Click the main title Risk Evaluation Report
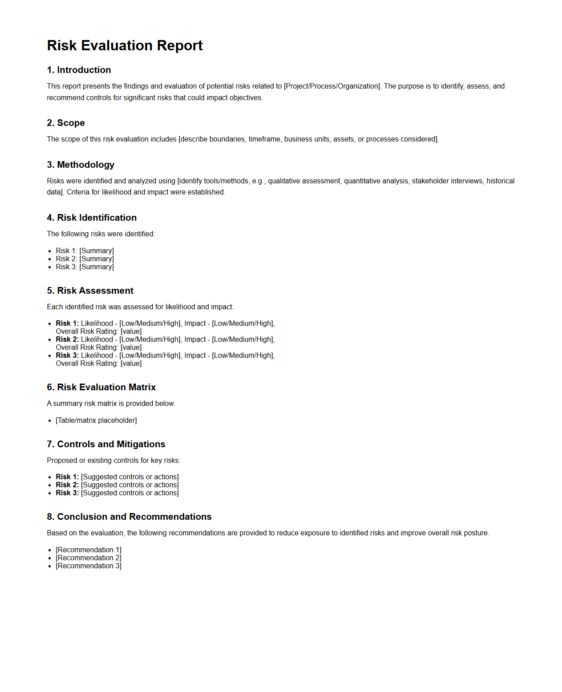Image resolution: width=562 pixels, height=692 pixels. click(125, 45)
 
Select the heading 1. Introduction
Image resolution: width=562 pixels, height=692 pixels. click(79, 70)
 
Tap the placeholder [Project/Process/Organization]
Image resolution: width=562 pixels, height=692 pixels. click(332, 86)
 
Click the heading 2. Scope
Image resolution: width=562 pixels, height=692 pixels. click(66, 123)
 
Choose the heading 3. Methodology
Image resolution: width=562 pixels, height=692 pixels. click(81, 165)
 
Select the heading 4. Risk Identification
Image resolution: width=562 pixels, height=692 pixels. click(92, 218)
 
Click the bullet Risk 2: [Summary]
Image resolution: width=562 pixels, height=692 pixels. click(85, 259)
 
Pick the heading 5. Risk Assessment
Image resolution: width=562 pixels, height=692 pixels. click(90, 291)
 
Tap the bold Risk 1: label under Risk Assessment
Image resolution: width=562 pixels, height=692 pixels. click(67, 324)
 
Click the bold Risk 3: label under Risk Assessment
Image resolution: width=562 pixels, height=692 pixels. click(67, 356)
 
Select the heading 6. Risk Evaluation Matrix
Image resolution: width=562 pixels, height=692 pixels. click(101, 387)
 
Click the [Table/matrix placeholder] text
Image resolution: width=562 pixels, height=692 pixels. click(96, 421)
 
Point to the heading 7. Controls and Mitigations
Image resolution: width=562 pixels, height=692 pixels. click(106, 444)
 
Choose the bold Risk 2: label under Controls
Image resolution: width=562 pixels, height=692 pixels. click(67, 485)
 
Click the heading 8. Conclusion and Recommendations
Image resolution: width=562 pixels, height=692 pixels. click(129, 517)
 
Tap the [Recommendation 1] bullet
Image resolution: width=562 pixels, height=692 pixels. click(89, 550)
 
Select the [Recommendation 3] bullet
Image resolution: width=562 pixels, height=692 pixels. click(89, 566)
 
